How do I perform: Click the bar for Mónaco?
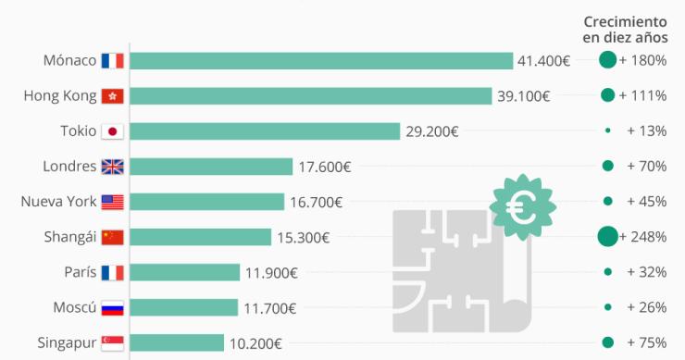point(321,61)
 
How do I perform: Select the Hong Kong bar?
point(310,96)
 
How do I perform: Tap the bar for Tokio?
point(265,131)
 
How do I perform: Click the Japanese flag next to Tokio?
point(112,131)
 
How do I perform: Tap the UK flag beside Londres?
point(112,167)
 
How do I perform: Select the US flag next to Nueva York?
point(112,202)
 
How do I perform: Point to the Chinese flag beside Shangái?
point(112,237)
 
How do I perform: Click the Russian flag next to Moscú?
point(112,307)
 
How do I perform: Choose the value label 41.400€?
point(543,61)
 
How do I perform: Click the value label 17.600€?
point(324,167)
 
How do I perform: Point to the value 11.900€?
point(271,272)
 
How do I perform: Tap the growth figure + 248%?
point(643,237)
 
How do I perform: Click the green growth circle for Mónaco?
point(607,61)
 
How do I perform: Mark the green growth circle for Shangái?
point(607,237)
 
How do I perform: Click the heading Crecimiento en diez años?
point(625,29)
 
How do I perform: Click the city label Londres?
point(69,167)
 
